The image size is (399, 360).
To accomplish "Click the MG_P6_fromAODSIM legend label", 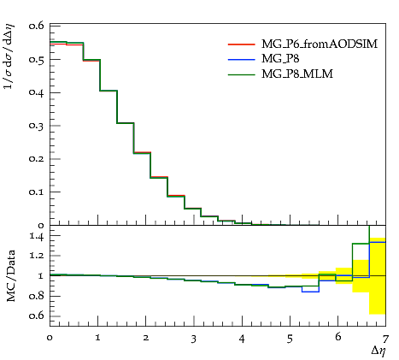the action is [320, 44].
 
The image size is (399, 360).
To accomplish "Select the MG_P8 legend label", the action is [280, 59].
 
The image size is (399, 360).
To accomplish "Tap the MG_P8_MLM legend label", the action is [297, 74].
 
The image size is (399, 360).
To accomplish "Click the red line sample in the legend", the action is [242, 44].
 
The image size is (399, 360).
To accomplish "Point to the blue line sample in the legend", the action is [242, 60].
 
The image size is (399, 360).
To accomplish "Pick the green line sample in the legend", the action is [242, 74].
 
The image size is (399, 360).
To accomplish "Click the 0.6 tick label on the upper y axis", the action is [36, 26].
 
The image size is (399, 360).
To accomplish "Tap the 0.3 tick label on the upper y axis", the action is [36, 126].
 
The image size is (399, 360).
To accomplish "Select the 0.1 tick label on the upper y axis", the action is [36, 192].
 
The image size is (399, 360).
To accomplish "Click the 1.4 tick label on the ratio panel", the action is [37, 236].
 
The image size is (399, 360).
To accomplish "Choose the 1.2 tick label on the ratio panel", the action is [37, 256].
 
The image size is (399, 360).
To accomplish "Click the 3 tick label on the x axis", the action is [194, 339].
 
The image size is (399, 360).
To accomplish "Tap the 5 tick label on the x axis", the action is [290, 339].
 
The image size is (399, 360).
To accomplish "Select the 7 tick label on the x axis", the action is [385, 339].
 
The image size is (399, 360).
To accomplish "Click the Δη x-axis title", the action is [378, 351].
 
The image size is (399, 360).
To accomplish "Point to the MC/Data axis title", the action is [10, 276].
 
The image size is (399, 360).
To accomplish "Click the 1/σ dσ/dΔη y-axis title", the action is [9, 56].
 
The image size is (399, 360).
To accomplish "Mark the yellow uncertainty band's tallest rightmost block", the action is [378, 276].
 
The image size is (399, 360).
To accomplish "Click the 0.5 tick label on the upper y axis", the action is [36, 60].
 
